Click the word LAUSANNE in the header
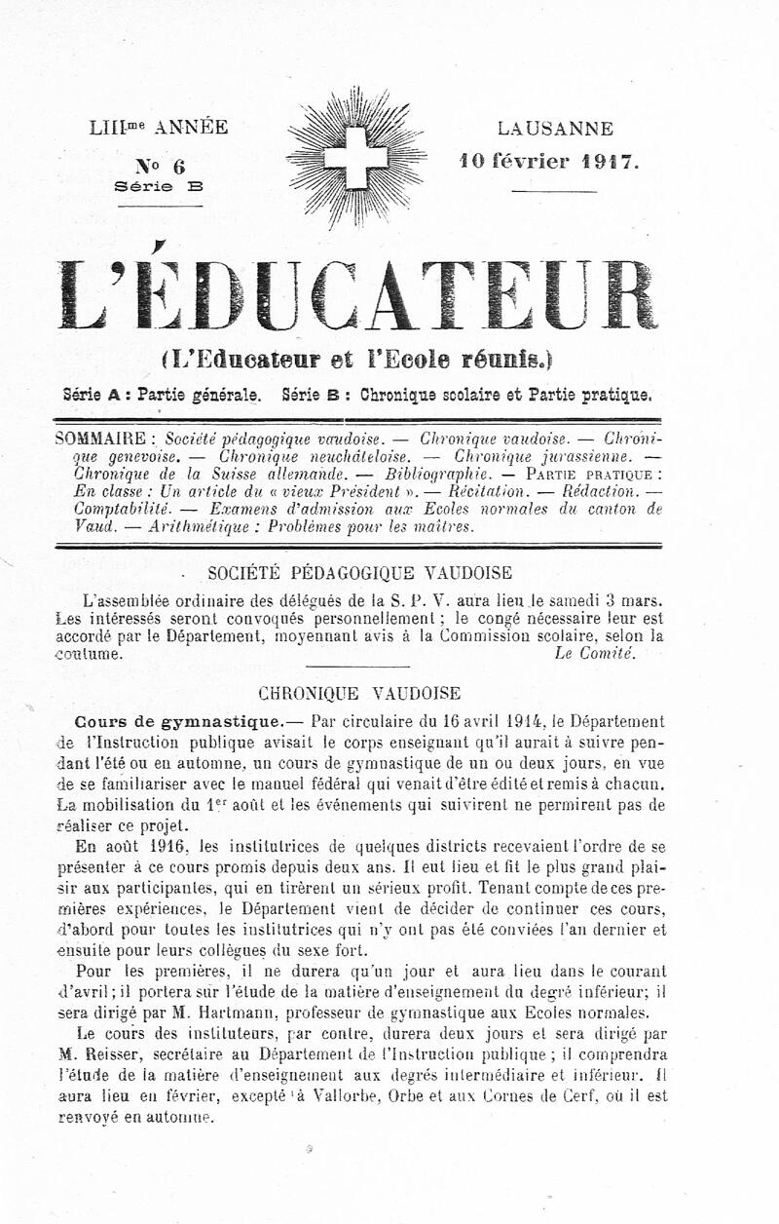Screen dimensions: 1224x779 [555, 129]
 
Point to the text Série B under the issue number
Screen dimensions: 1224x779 [159, 186]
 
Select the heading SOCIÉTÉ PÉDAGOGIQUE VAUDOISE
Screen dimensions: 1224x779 [360, 573]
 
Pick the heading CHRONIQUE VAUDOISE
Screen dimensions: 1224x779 [359, 694]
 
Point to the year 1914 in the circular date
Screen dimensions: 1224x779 [509, 722]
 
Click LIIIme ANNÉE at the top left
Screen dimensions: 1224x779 [159, 128]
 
